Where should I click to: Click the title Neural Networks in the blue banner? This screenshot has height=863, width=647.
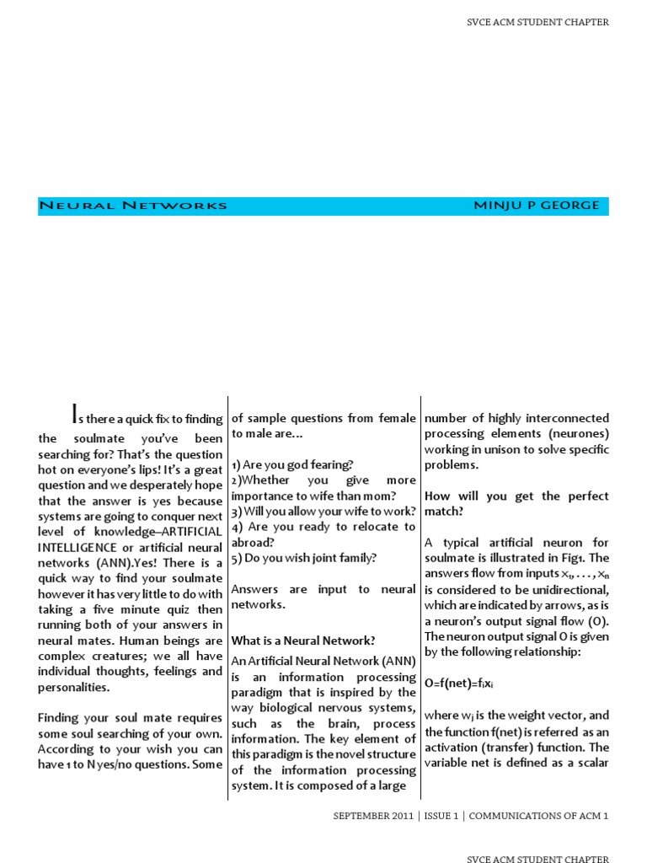(x=133, y=206)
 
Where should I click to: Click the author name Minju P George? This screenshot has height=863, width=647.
(x=537, y=206)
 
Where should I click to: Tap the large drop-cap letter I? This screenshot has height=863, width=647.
(x=75, y=412)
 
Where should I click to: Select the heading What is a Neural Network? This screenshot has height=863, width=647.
(x=303, y=641)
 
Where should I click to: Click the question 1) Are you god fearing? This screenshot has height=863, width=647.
(x=292, y=464)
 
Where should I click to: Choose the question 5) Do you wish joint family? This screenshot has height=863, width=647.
(x=304, y=557)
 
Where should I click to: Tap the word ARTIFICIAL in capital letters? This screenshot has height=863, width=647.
(x=191, y=533)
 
